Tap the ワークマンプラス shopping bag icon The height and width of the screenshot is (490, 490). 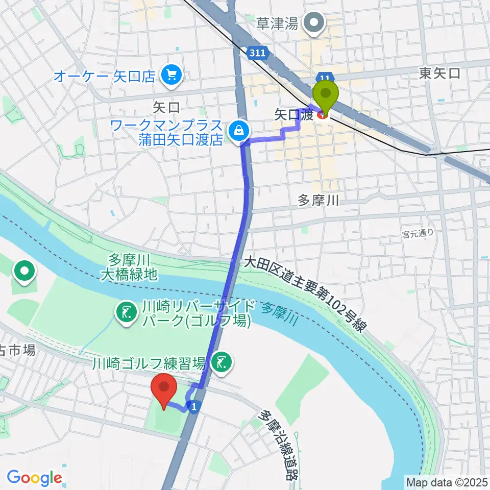238,130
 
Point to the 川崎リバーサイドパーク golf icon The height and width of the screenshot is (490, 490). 125,313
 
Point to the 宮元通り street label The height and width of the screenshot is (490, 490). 418,233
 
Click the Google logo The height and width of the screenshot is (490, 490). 34,478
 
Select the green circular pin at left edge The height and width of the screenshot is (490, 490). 24,271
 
